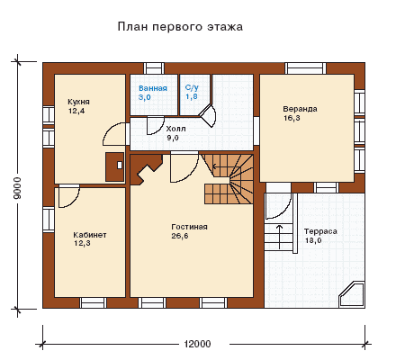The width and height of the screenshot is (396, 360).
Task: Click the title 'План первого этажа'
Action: (x=180, y=27)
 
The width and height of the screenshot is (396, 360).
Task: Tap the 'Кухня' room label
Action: (x=78, y=102)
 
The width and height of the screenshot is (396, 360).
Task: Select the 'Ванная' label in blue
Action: (x=153, y=88)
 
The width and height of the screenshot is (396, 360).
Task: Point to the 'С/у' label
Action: (x=192, y=87)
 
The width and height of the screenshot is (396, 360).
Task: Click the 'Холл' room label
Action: (x=175, y=129)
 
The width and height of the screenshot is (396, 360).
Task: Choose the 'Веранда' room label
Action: (x=300, y=109)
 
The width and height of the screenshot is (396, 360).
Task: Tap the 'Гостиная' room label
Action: (x=189, y=227)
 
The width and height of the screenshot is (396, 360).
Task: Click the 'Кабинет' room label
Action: (x=90, y=235)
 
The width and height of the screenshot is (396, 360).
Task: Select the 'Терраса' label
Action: (x=320, y=231)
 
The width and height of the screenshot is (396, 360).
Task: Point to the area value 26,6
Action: (x=180, y=236)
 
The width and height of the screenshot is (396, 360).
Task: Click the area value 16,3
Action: (x=292, y=118)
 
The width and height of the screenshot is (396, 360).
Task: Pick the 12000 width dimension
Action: (x=197, y=344)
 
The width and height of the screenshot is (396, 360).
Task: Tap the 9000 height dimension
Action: (x=17, y=188)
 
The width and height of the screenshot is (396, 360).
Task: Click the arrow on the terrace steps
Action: (x=279, y=237)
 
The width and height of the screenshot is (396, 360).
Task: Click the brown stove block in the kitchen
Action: (x=114, y=166)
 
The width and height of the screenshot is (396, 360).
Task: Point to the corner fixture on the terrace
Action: (x=352, y=294)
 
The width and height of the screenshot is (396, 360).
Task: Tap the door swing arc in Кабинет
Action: (x=73, y=200)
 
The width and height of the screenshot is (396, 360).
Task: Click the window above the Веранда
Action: (x=305, y=68)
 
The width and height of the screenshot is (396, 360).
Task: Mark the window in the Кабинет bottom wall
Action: (x=93, y=302)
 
